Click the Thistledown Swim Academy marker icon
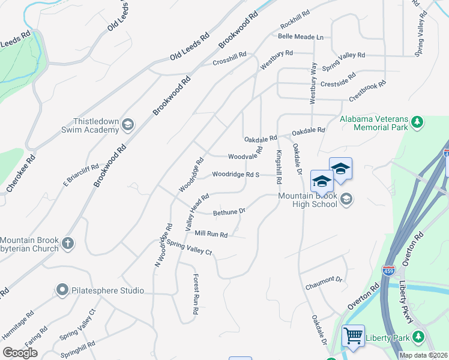click(127, 125)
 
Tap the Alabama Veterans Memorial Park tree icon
click(418, 124)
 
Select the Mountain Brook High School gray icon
click(346, 199)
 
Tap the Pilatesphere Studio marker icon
click(62, 290)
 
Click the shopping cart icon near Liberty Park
click(353, 335)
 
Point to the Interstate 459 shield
click(389, 271)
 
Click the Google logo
click(20, 352)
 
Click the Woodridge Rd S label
click(235, 175)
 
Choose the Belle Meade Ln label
click(300, 37)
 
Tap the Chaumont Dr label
click(324, 279)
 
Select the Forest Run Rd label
click(196, 294)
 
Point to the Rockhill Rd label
click(294, 20)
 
